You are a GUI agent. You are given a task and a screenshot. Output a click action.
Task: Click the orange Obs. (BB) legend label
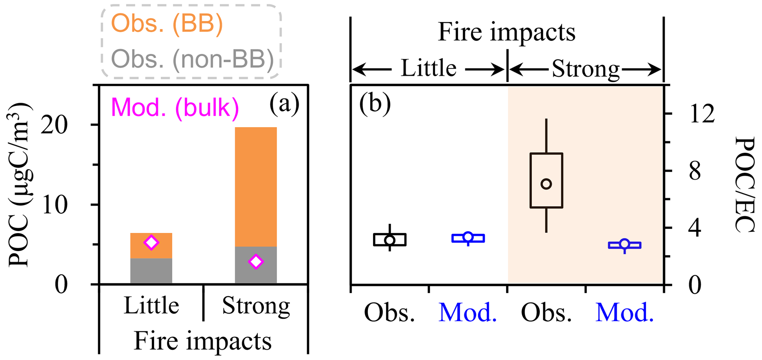167,24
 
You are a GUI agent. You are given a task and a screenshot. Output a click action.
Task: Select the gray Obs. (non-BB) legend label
192,59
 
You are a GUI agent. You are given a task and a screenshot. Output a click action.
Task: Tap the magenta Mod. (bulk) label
175,108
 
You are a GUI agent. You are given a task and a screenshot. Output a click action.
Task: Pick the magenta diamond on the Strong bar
256,262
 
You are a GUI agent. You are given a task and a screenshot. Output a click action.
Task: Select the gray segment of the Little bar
151,271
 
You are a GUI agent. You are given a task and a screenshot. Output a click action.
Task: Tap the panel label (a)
284,104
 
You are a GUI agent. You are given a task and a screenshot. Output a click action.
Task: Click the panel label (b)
375,104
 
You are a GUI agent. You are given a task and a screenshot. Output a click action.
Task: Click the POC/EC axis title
744,184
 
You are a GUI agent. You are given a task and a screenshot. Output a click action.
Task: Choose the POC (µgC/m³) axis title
20,184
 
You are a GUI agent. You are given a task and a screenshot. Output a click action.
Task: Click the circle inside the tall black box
546,184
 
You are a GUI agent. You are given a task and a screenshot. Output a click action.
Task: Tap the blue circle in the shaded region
624,244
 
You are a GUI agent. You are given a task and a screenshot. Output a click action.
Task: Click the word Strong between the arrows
585,69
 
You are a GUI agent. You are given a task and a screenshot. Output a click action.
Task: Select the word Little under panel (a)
151,305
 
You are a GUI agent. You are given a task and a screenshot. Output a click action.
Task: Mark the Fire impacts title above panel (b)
507,32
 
